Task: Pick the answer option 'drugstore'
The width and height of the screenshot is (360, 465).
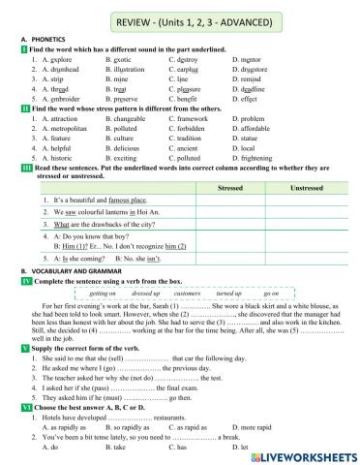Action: coord(252,70)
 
